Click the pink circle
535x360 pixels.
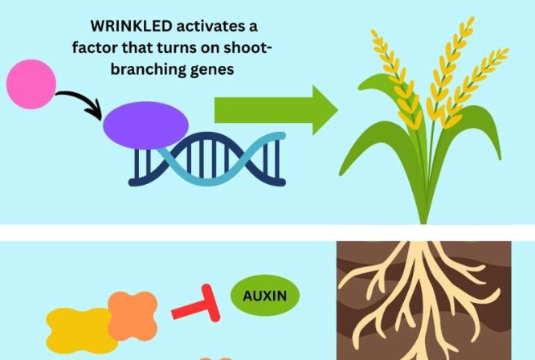pos(31,84)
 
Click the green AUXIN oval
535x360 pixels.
pos(265,296)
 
